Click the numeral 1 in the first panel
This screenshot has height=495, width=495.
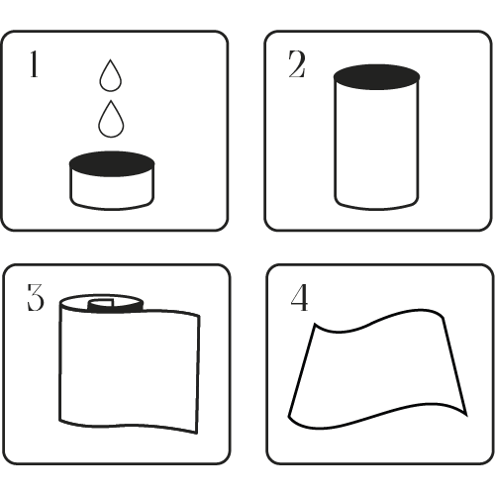[x=34, y=64]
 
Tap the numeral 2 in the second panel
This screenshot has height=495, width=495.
[x=297, y=64]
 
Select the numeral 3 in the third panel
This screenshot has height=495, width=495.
[x=35, y=297]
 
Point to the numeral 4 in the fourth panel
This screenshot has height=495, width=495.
[x=299, y=298]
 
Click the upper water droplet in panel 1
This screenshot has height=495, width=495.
[x=111, y=76]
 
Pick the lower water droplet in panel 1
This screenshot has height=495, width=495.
[x=111, y=120]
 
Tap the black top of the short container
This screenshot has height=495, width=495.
[x=112, y=163]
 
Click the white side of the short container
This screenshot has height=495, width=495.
[x=112, y=191]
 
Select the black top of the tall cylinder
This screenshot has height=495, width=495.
[x=376, y=77]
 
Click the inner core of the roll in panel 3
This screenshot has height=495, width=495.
[x=101, y=304]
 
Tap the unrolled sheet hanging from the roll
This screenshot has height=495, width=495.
[x=130, y=369]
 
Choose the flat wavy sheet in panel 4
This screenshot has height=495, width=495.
[x=376, y=369]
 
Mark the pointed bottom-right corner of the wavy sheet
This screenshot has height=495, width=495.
[x=466, y=416]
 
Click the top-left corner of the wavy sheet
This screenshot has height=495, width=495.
[x=315, y=324]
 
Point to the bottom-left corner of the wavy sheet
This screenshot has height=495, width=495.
[x=289, y=417]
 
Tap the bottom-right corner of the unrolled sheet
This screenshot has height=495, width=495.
[x=197, y=433]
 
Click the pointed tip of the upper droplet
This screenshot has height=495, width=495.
[x=111, y=59]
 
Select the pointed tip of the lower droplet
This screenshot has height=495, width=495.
[x=111, y=101]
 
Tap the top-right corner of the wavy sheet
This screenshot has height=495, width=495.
[x=443, y=318]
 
